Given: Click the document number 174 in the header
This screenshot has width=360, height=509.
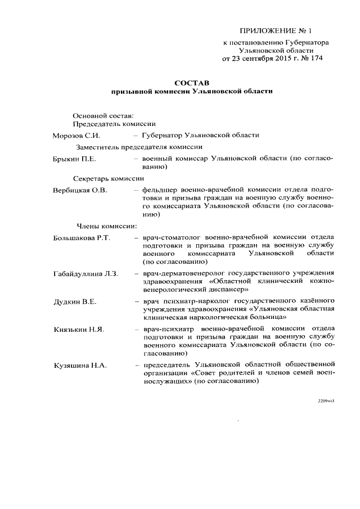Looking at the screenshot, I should pyautogui.click(x=316, y=57).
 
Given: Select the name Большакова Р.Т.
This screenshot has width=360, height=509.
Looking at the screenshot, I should pyautogui.click(x=82, y=238).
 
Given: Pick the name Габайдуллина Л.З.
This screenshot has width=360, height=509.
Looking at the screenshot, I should pyautogui.click(x=85, y=273).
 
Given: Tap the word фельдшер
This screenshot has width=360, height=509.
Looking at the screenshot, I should pyautogui.click(x=160, y=191).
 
